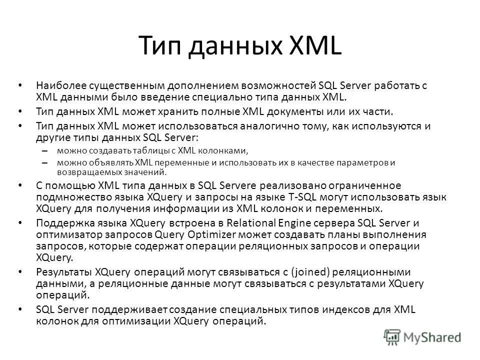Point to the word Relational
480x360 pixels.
coord(256,223)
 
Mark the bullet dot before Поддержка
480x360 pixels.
coord(19,223)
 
